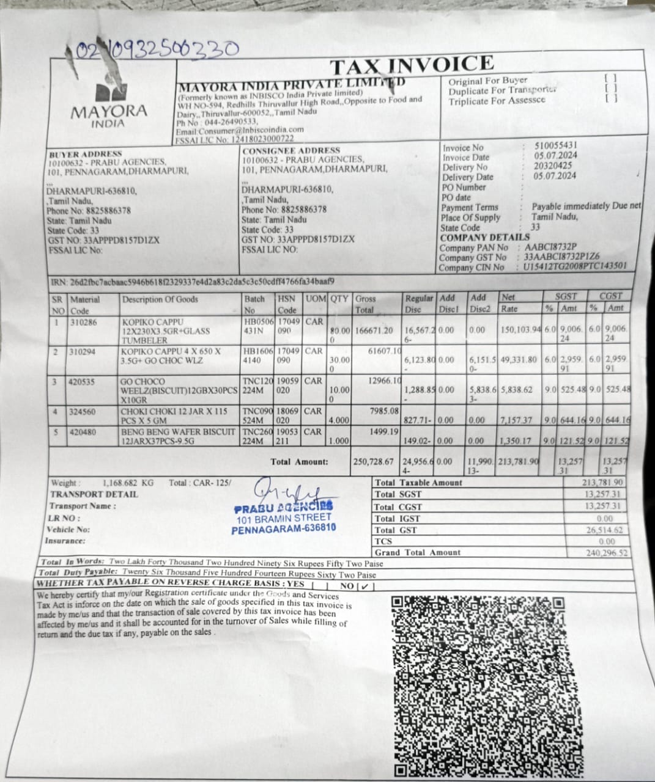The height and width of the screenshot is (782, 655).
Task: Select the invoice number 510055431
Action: (x=555, y=146)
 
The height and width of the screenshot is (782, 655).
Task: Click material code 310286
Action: (x=83, y=321)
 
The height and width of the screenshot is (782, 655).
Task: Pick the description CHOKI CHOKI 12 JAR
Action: (x=174, y=416)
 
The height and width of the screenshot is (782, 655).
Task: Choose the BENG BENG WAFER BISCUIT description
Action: (x=178, y=436)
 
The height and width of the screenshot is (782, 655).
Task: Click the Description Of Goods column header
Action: (x=160, y=299)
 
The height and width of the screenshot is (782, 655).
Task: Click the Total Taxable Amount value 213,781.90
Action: (x=604, y=483)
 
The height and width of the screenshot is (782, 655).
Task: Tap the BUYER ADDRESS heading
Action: (x=85, y=154)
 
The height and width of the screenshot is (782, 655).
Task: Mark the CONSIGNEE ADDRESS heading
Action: (x=291, y=150)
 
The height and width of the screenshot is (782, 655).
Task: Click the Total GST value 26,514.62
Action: (x=604, y=530)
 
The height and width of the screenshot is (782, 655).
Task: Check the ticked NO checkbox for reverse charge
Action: (x=365, y=585)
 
